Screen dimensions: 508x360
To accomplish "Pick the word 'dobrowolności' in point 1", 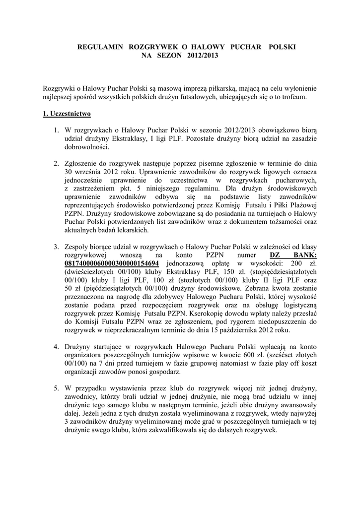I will pyautogui.click(x=84, y=147).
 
